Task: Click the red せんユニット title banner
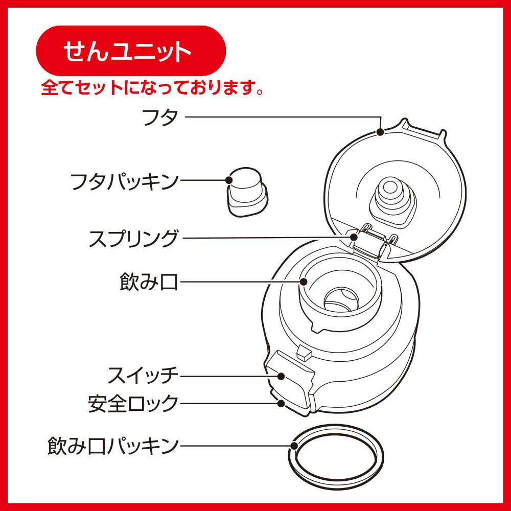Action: click(131, 51)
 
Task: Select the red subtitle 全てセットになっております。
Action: click(152, 87)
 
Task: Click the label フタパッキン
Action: click(125, 181)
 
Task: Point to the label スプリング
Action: click(134, 238)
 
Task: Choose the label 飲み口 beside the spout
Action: click(149, 282)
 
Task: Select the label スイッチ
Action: click(143, 376)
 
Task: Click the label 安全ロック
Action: click(133, 403)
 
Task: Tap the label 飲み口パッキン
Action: click(113, 446)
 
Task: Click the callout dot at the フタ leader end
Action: click(380, 132)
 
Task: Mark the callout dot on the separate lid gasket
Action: click(229, 180)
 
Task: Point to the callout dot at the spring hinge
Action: click(354, 237)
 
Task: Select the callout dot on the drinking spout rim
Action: click(304, 282)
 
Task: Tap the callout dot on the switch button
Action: click(281, 376)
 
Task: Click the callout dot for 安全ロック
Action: click(281, 403)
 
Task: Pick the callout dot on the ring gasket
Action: click(294, 446)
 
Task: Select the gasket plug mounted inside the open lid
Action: click(392, 201)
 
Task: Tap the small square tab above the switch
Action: click(304, 353)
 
